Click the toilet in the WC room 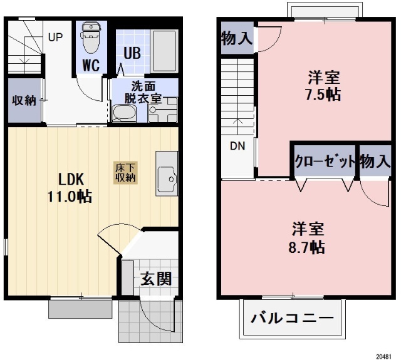[x=91, y=37]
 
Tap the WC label [x=91, y=65]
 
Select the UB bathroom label [x=131, y=53]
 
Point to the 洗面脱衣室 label [x=142, y=92]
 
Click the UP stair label [x=55, y=36]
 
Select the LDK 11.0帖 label [x=68, y=186]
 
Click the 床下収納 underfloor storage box [x=125, y=172]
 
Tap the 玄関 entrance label [x=156, y=279]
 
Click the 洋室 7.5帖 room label [x=323, y=87]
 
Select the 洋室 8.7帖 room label [x=307, y=237]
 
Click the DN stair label [x=237, y=147]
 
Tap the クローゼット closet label [x=325, y=162]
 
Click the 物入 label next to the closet [x=375, y=162]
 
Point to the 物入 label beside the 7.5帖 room [x=236, y=39]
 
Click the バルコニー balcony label [x=293, y=318]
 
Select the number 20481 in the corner [x=384, y=355]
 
